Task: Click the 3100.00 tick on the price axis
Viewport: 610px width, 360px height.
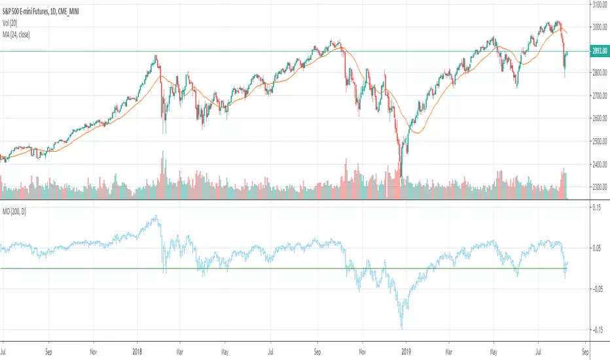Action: [598, 5]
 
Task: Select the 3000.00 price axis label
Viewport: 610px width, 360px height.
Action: [598, 27]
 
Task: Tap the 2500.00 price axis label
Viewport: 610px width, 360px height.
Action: [598, 141]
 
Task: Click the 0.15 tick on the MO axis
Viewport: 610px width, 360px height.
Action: [597, 207]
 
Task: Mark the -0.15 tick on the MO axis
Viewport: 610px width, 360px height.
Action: [596, 330]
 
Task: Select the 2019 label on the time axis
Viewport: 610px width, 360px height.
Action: [406, 350]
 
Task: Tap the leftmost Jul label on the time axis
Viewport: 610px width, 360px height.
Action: [5, 350]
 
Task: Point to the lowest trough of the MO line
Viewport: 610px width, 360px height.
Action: [401, 329]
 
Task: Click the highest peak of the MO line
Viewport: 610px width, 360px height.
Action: [156, 216]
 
